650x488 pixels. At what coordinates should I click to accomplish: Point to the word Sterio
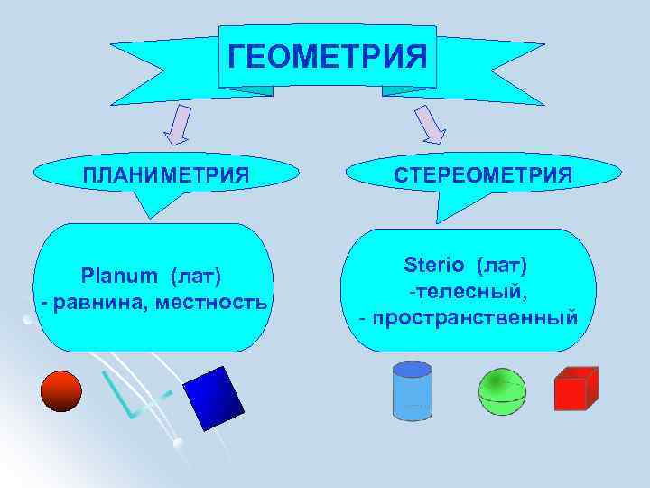433,266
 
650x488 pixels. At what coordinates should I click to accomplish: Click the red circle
61,390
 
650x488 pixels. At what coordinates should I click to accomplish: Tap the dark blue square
214,398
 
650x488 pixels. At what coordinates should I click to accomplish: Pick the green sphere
501,390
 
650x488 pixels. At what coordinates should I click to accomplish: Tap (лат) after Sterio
498,266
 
